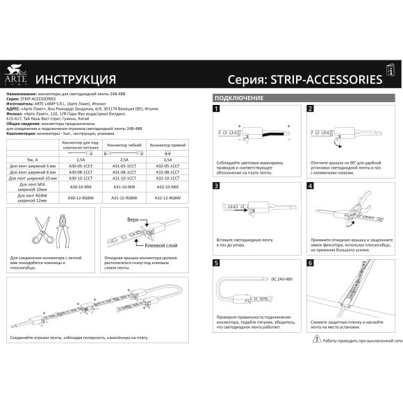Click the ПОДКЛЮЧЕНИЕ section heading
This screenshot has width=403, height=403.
click(x=238, y=98)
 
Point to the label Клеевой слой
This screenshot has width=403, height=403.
click(x=163, y=245)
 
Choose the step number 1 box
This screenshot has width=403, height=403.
click(x=217, y=109)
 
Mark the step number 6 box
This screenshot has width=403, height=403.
click(x=310, y=264)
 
